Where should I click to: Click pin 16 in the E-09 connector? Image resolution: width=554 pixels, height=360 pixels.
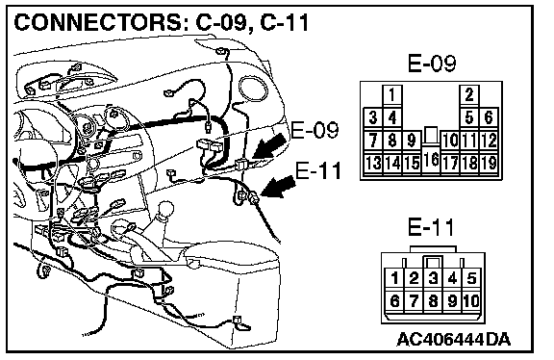click(x=431, y=159)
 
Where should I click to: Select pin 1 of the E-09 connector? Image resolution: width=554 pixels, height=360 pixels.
click(x=391, y=94)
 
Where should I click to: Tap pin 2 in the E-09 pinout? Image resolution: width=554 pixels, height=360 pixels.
click(x=469, y=94)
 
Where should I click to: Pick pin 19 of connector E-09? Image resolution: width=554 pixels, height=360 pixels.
click(x=489, y=163)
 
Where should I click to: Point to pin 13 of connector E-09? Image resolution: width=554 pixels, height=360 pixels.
click(x=373, y=163)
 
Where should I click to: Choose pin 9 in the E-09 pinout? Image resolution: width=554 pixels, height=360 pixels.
click(x=412, y=141)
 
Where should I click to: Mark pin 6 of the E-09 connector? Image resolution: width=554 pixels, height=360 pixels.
click(x=489, y=117)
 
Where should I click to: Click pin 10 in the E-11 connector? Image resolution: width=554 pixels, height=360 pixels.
click(x=471, y=301)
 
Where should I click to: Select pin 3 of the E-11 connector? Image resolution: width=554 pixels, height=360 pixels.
click(x=433, y=278)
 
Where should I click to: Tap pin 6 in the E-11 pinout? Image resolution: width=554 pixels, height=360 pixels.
click(x=394, y=301)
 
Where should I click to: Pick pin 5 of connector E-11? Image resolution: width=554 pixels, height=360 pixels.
click(x=471, y=278)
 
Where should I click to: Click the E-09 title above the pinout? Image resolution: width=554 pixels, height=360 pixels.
click(x=432, y=64)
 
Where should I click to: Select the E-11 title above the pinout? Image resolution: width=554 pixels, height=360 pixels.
click(x=431, y=227)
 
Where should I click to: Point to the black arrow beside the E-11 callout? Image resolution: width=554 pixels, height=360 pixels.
click(x=279, y=187)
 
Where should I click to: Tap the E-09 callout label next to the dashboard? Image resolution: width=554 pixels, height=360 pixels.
click(x=315, y=130)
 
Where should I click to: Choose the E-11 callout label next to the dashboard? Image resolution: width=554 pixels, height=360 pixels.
click(x=318, y=170)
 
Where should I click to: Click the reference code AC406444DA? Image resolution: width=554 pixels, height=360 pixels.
click(x=454, y=340)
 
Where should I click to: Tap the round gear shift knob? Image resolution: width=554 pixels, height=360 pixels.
click(x=166, y=210)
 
